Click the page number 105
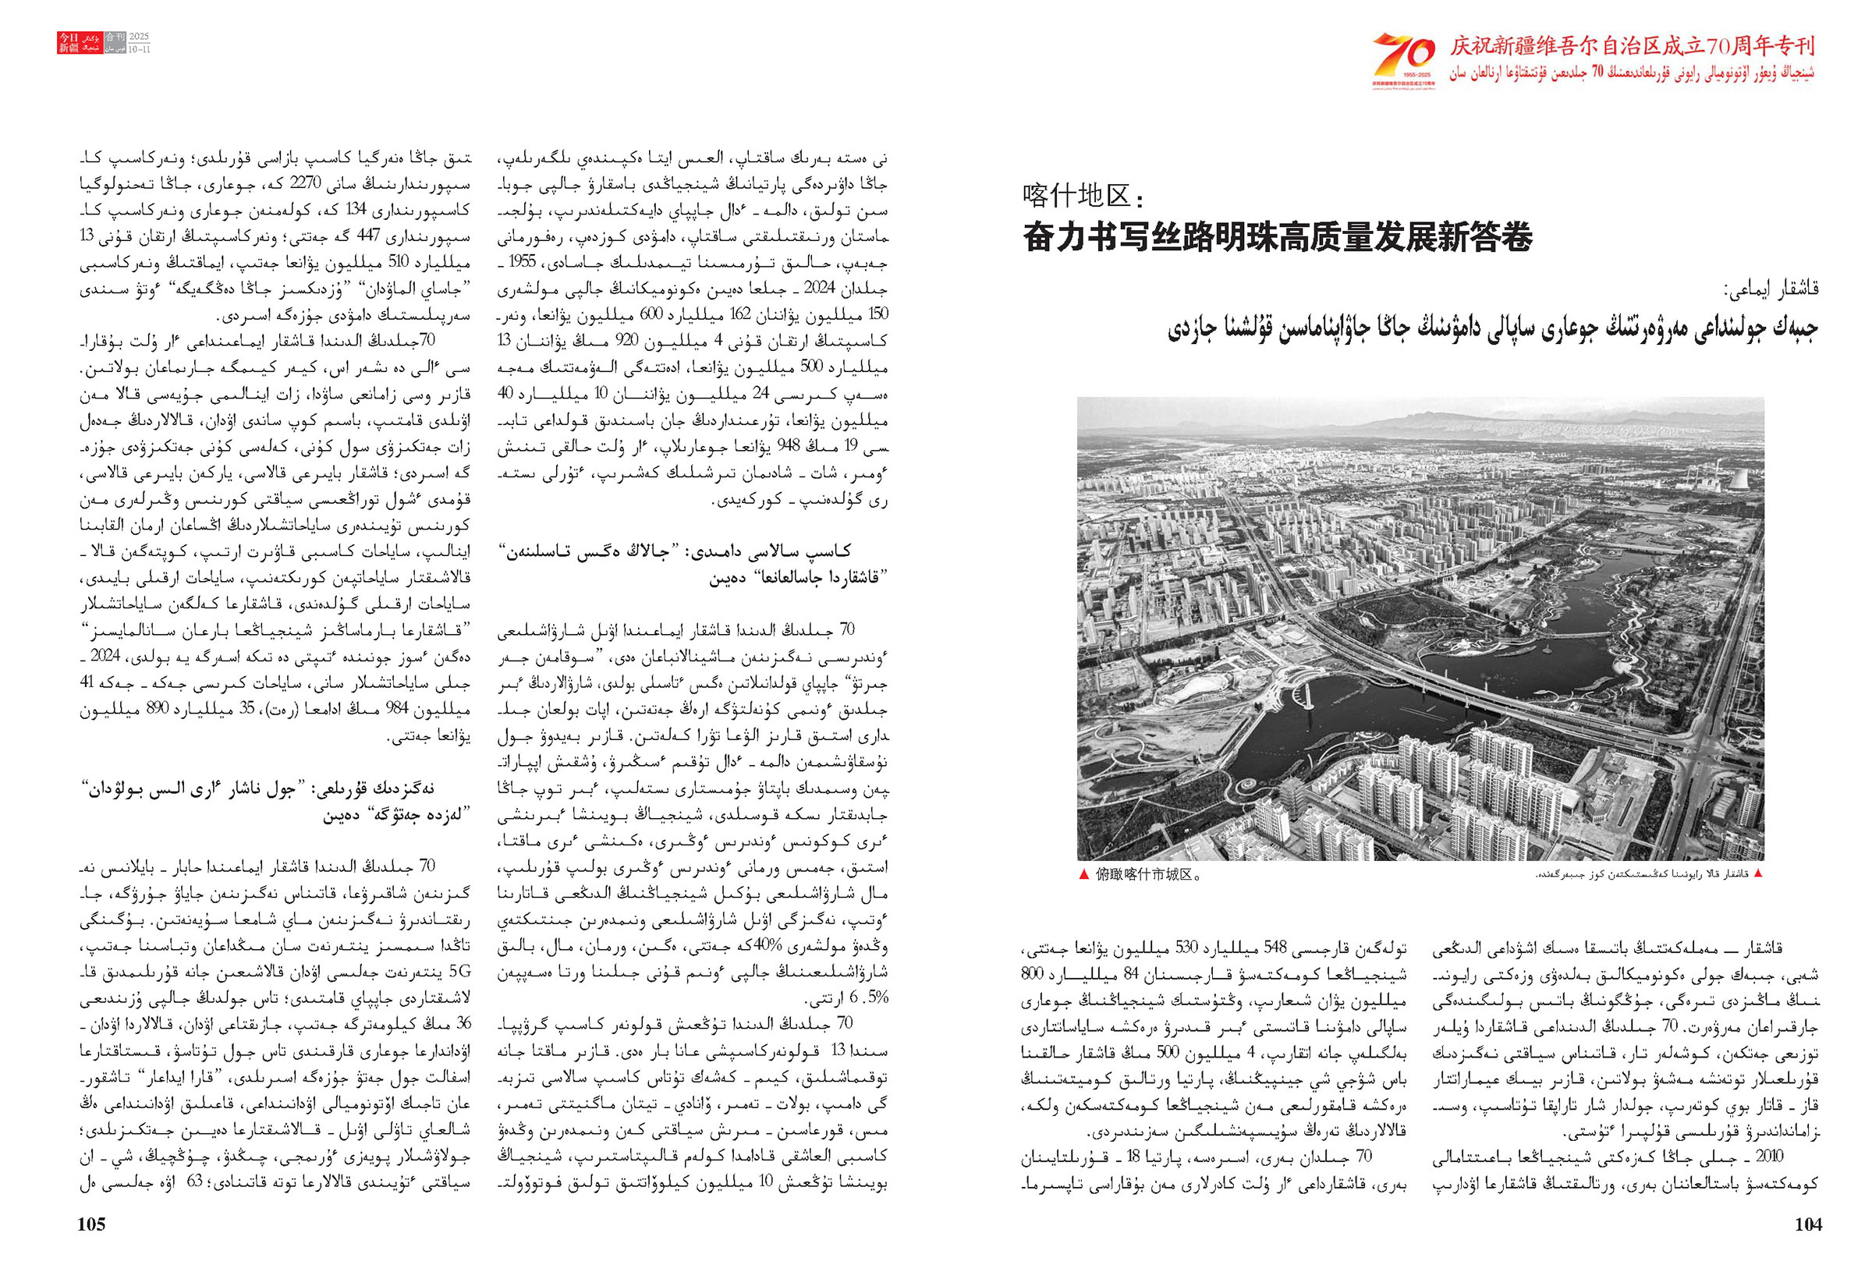[91, 1224]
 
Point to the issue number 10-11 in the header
[140, 49]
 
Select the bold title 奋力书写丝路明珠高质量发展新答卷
[1278, 237]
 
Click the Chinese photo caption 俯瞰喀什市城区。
[1149, 875]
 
